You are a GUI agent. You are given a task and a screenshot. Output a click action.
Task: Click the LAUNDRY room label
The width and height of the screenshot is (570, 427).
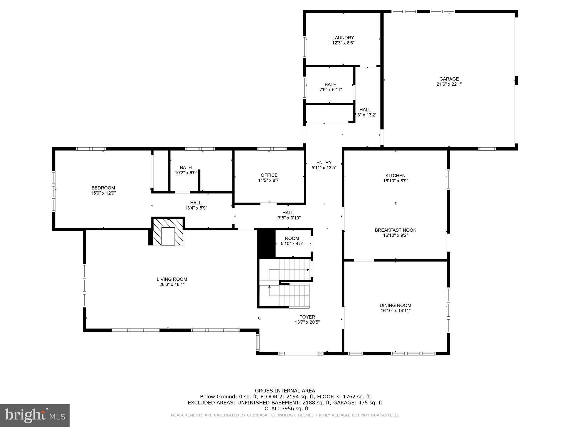pos(343,38)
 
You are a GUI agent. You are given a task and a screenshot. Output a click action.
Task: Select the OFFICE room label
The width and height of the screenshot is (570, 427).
pos(269,175)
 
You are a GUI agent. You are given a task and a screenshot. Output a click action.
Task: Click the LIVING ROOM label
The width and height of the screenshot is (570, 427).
pos(172,279)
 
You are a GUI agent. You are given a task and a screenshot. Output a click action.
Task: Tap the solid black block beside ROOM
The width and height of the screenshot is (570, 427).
pos(266,244)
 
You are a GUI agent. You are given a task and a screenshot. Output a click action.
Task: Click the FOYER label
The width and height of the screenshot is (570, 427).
pos(307,317)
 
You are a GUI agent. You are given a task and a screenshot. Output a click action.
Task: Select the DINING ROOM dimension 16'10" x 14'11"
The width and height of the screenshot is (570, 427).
pos(395,311)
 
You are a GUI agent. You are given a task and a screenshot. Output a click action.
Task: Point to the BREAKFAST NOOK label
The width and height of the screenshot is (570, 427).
pos(395,230)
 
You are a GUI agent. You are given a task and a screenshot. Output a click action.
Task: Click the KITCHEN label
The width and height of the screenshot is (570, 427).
pos(395,176)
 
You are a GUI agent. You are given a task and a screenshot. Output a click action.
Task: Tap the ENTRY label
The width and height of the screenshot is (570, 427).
pos(324,163)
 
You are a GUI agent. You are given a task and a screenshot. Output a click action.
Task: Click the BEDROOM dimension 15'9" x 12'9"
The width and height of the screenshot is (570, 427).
pos(103,193)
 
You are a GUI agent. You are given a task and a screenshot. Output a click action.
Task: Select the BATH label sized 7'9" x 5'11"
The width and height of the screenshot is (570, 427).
pos(330,85)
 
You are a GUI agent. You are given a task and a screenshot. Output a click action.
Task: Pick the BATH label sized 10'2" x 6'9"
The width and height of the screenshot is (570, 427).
pos(186,167)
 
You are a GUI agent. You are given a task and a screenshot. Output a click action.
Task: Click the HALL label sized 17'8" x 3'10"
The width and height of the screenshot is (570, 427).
pos(288,213)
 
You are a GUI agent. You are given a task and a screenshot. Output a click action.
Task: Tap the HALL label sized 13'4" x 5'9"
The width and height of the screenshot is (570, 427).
pos(196,203)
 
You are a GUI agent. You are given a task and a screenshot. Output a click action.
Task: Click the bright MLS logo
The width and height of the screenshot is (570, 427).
pos(35,415)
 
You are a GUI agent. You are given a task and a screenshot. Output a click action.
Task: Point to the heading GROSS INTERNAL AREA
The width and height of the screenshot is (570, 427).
pos(285,391)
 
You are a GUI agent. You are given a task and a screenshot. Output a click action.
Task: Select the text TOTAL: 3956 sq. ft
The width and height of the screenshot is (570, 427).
pos(285,409)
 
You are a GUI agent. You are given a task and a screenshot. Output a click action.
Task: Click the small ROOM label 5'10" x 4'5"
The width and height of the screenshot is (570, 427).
pos(292,239)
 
